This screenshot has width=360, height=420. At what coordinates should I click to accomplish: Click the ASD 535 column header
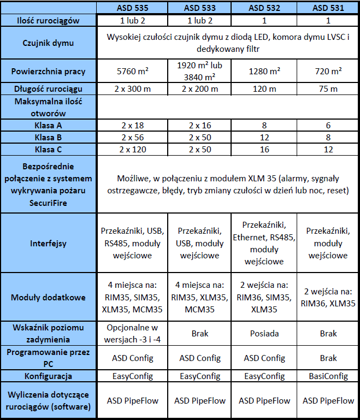tap(132, 8)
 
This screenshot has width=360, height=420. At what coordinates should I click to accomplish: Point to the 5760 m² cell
tap(132, 72)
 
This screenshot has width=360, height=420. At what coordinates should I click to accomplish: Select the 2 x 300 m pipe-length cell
tap(132, 89)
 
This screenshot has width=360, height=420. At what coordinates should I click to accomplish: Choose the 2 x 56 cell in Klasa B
tap(132, 137)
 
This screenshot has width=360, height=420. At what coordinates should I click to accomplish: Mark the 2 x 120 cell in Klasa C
tap(132, 149)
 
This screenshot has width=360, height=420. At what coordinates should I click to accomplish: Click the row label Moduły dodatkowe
tap(49, 298)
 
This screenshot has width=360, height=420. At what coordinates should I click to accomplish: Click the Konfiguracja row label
tap(49, 376)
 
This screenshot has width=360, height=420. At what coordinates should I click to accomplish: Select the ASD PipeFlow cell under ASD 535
tap(132, 400)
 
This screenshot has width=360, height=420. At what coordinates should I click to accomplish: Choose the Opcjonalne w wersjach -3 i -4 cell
tap(132, 333)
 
